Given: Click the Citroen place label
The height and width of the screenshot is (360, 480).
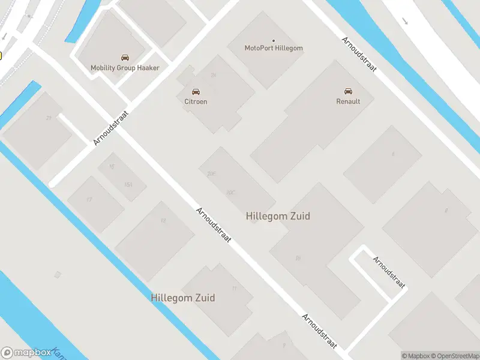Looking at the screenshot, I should pyautogui.click(x=196, y=101).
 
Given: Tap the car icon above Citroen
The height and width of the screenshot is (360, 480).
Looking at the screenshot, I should pyautogui.click(x=196, y=92).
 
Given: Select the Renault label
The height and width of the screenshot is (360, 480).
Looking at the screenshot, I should pyautogui.click(x=348, y=101).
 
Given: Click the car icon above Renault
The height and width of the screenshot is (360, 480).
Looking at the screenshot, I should pyautogui.click(x=348, y=91).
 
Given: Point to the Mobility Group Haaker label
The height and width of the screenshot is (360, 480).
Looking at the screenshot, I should pyautogui.click(x=125, y=68).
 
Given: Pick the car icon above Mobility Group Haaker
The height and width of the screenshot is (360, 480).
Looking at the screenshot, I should pyautogui.click(x=125, y=58).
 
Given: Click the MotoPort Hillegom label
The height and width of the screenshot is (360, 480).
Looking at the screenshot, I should pyautogui.click(x=274, y=48).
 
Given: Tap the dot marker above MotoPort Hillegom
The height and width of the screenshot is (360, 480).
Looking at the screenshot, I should pyautogui.click(x=274, y=41).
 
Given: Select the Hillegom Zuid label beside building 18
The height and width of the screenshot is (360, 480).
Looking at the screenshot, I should pyautogui.click(x=278, y=216).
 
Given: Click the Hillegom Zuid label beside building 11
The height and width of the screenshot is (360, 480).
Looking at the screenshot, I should pyautogui.click(x=183, y=298).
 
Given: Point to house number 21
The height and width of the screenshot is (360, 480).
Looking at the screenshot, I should pyautogui.click(x=48, y=118).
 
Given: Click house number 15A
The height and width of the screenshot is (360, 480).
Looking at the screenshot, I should pyautogui.click(x=128, y=184).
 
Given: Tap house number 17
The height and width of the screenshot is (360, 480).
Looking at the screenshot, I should pyautogui.click(x=89, y=199).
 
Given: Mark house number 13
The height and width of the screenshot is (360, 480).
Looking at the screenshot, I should pyautogui.click(x=163, y=221).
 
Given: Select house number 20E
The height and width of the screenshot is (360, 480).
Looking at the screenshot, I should pyautogui.click(x=211, y=173).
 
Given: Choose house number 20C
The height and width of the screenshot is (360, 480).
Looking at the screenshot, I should pyautogui.click(x=230, y=193).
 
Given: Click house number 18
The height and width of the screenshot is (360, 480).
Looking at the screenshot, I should pyautogui.click(x=298, y=258).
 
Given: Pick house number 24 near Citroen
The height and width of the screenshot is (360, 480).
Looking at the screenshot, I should pyautogui.click(x=213, y=76).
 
